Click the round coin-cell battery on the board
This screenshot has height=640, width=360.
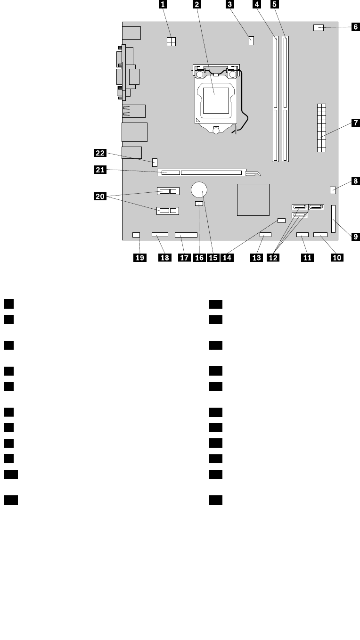pyautogui.click(x=199, y=190)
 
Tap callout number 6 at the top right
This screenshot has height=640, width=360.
pyautogui.click(x=356, y=27)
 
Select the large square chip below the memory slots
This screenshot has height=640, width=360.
pyautogui.click(x=254, y=200)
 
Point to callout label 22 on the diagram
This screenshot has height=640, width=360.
pyautogui.click(x=99, y=153)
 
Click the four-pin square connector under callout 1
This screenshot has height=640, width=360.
pyautogui.click(x=171, y=41)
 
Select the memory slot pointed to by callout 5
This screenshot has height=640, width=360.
pyautogui.click(x=285, y=98)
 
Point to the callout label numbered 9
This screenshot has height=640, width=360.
pyautogui.click(x=355, y=237)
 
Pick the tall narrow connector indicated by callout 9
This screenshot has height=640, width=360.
pyautogui.click(x=334, y=219)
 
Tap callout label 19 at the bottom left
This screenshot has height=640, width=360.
pyautogui.click(x=140, y=257)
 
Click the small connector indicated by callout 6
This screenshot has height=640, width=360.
pyautogui.click(x=318, y=28)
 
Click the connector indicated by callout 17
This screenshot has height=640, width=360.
pyautogui.click(x=186, y=235)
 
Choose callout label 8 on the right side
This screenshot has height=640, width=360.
pyautogui.click(x=355, y=181)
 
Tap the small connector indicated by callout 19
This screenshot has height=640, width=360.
pyautogui.click(x=137, y=234)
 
